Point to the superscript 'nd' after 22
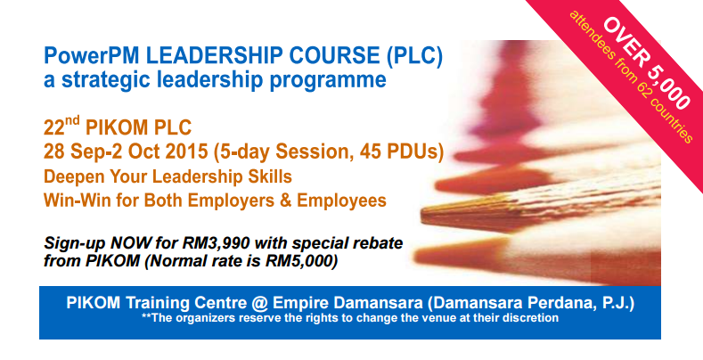(73, 120)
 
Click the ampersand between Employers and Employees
(286, 200)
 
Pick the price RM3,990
(218, 243)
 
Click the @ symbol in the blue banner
(259, 304)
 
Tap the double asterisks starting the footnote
(146, 316)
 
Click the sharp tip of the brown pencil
(421, 214)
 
